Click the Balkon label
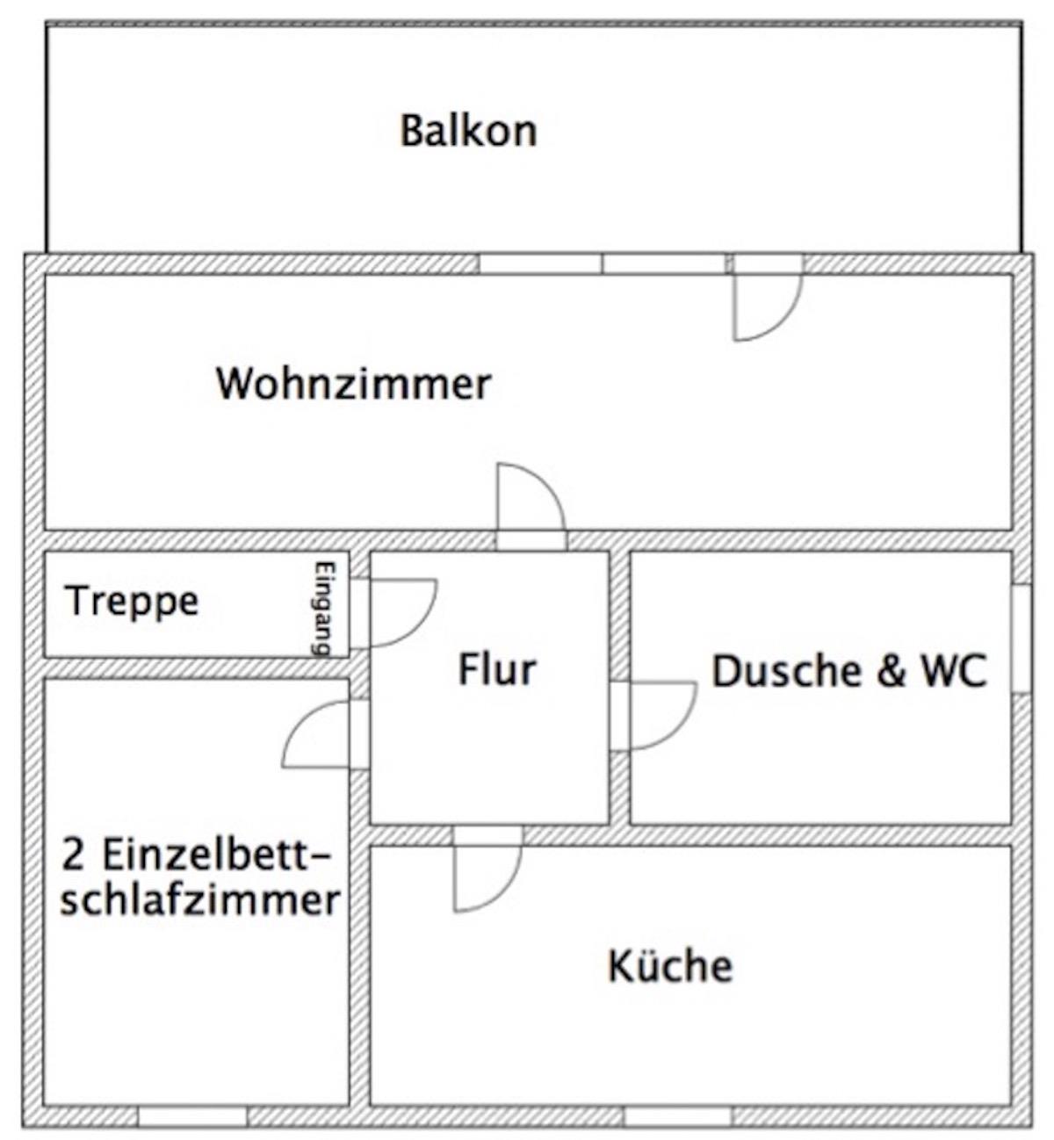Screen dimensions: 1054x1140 coord(468,131)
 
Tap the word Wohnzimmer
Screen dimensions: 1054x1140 coord(354,384)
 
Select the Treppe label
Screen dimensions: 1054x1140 coord(134,602)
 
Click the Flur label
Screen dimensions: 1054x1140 coord(497,669)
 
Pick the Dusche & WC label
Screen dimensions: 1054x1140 coord(849,670)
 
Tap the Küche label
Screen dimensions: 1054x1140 coord(670,965)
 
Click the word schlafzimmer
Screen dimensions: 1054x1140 coord(200,900)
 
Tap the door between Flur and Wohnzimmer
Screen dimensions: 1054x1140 coord(531,505)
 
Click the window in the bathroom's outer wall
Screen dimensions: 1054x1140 coord(1022,639)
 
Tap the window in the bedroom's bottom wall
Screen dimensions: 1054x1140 coord(192,1116)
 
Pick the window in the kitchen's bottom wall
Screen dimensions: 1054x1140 coord(678,1116)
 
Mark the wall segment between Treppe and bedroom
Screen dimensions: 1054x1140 coord(197,667)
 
